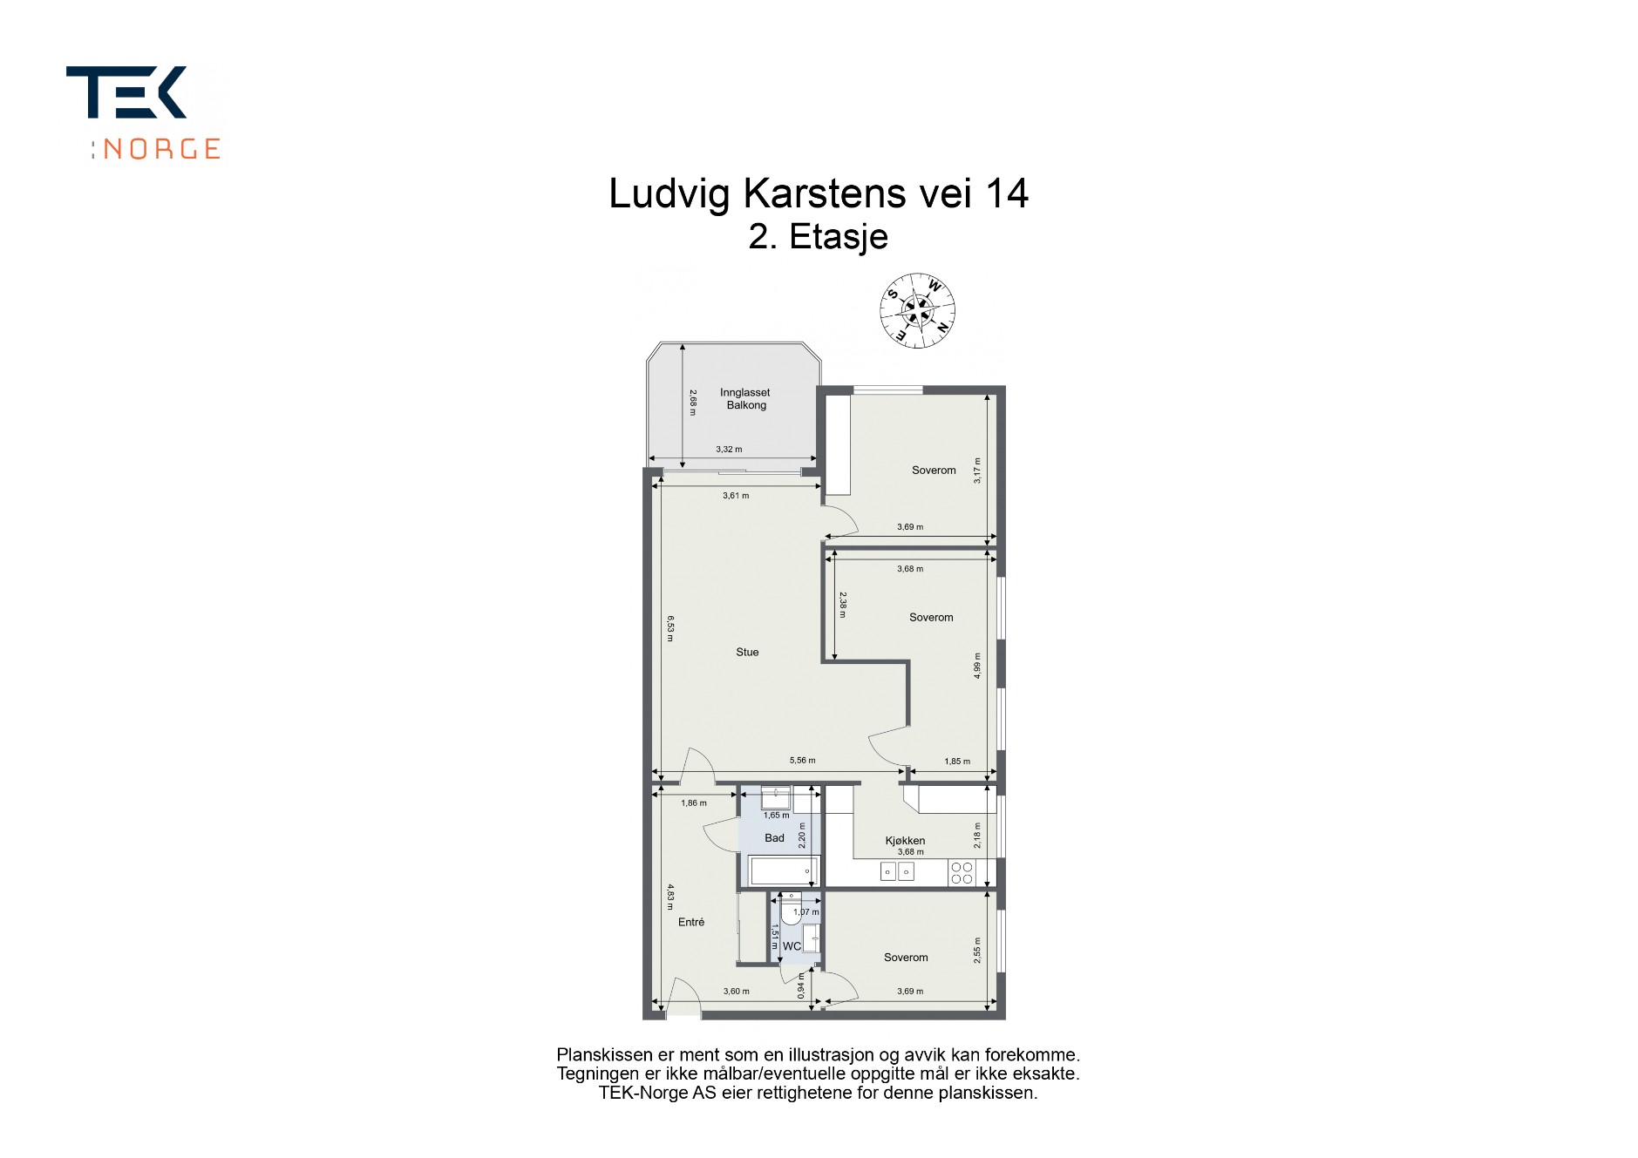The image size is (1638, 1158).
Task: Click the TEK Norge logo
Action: point(144,113)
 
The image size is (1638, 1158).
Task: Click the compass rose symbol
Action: point(917,310)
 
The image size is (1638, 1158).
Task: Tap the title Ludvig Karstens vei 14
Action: point(819,193)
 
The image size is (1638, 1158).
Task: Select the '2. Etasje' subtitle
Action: point(819,236)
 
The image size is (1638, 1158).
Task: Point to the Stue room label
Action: point(747,652)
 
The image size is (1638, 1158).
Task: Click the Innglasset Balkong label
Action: point(745,399)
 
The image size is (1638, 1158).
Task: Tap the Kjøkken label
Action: point(905,841)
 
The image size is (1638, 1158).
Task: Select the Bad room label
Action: point(774,838)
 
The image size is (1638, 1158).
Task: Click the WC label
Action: point(792,946)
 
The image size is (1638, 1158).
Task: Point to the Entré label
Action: point(691,922)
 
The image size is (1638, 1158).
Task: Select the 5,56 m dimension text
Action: point(802,761)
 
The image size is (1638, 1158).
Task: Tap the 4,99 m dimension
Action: point(977,666)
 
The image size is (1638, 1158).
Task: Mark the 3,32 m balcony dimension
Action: point(729,450)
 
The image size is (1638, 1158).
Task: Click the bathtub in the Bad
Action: point(785,870)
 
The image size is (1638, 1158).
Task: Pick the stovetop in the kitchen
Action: point(962,873)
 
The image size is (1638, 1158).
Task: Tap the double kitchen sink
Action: point(897,870)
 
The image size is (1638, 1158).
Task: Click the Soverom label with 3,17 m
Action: point(934,471)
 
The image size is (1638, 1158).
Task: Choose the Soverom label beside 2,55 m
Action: point(906,958)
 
